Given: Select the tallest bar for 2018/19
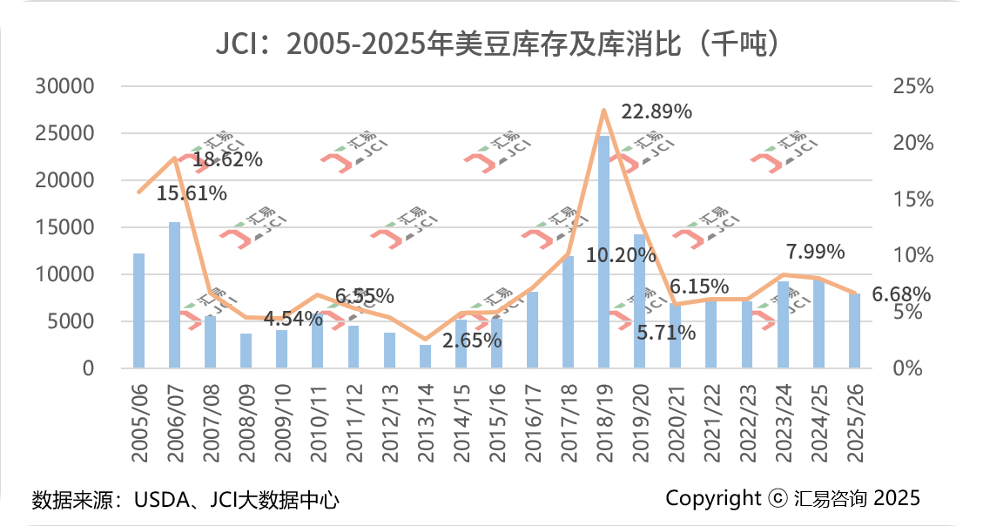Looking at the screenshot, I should (603, 251).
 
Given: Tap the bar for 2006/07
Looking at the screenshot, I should (174, 294).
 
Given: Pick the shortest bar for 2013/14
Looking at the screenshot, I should (425, 356).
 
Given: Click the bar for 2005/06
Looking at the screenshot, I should (138, 310).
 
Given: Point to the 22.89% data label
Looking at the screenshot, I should (656, 111).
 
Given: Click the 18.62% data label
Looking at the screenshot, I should (227, 159).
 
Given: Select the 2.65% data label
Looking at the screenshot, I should (472, 341).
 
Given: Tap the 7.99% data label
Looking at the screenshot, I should (815, 252).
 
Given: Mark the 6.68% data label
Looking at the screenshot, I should (900, 294).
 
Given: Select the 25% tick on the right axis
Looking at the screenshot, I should (913, 86).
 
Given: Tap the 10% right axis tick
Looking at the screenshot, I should (913, 255).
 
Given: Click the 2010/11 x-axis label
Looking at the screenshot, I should (318, 426).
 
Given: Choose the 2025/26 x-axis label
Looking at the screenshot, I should (855, 426).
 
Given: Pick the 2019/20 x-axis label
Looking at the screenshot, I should (640, 426).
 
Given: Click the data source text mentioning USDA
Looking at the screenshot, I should (185, 500).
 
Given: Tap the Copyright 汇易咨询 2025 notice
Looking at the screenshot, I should (792, 497).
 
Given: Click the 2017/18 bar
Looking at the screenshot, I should (568, 312).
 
